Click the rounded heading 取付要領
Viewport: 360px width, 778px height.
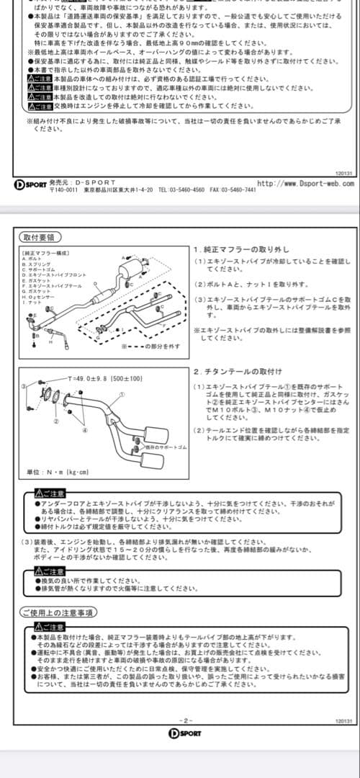(40, 237)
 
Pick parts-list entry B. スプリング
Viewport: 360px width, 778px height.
(35, 265)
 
